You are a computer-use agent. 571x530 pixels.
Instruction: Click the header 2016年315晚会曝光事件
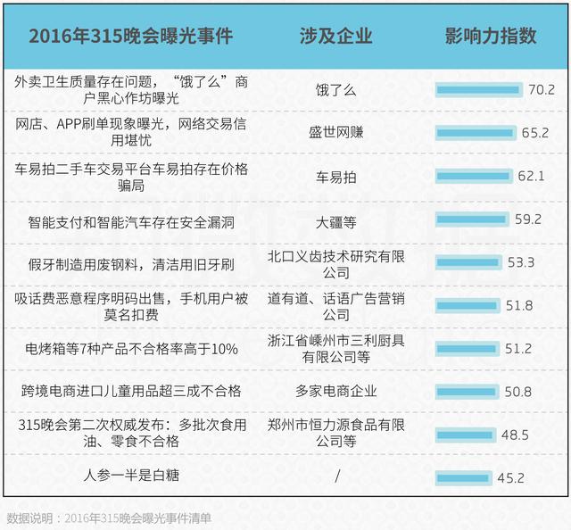click(x=130, y=37)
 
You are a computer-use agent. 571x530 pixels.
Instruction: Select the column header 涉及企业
click(x=336, y=37)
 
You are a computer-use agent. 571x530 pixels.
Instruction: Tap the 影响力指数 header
click(x=490, y=37)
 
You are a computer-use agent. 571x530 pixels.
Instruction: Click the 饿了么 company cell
click(x=336, y=89)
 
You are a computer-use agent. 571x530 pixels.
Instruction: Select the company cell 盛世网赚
click(x=336, y=133)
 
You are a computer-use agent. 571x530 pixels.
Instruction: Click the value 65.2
click(x=535, y=133)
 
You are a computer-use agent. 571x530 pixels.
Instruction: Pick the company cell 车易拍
click(x=336, y=177)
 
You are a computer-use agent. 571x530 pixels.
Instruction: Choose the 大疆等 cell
click(x=336, y=219)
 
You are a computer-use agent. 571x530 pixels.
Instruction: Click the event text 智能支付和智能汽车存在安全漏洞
click(x=131, y=219)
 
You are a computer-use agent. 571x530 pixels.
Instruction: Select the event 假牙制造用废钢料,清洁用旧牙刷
click(x=131, y=264)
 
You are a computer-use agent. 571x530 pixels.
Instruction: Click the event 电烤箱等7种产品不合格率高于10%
click(x=131, y=349)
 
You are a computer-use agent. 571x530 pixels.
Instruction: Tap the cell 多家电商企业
click(x=336, y=391)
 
